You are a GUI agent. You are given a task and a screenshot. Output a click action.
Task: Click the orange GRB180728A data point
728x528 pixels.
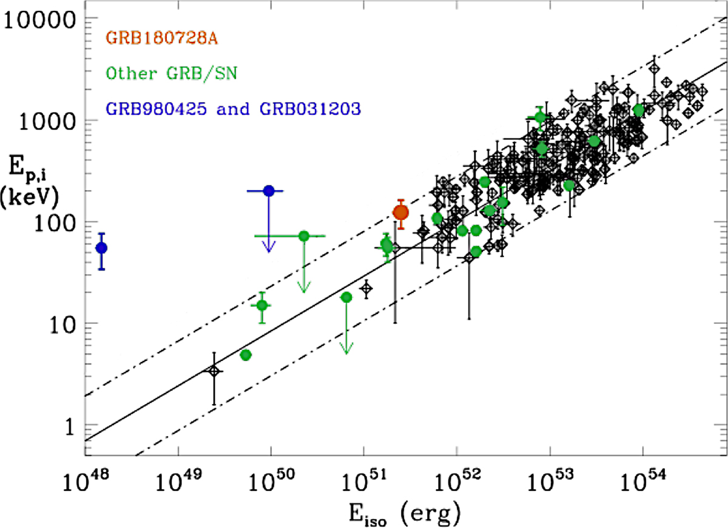(400, 212)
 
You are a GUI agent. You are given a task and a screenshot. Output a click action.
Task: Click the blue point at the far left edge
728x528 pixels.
(101, 248)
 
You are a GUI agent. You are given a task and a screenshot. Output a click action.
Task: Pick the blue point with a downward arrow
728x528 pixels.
(269, 191)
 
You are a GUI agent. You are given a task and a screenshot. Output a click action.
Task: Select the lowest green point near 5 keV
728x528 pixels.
(246, 355)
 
